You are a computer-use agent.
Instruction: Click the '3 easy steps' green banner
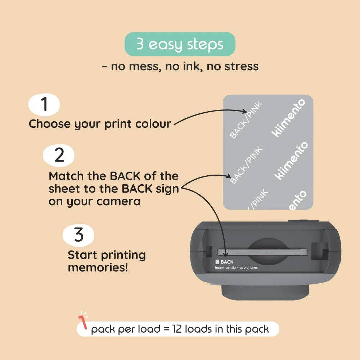click(180, 44)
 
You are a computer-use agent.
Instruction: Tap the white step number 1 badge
click(44, 104)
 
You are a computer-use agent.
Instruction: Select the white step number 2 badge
click(59, 156)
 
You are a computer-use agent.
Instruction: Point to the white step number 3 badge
click(78, 235)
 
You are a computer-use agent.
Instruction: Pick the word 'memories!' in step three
click(98, 268)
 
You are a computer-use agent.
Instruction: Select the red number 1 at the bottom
click(83, 322)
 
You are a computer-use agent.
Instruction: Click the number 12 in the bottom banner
click(177, 329)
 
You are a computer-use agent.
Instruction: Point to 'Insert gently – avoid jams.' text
click(237, 267)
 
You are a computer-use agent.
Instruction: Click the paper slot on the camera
click(262, 252)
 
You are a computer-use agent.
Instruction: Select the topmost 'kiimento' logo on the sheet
click(288, 118)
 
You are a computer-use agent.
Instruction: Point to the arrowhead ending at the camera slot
click(225, 255)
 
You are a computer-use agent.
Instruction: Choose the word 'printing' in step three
click(123, 256)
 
